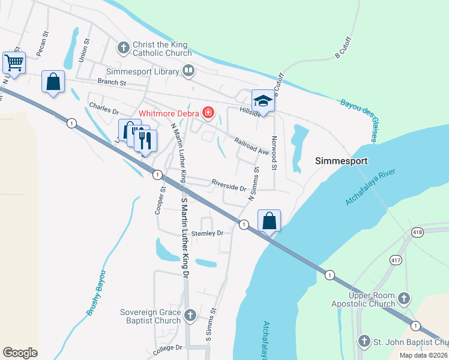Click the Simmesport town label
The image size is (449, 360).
coord(341,161)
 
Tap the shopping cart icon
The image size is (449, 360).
coord(14,62)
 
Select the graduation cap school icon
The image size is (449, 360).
coord(262,101)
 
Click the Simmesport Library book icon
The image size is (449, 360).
coord(188,71)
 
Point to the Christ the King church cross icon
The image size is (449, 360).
coord(124,47)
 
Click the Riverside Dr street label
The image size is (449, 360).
coord(229,184)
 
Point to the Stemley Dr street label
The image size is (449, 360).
coord(207,233)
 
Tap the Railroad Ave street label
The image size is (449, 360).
coord(251,146)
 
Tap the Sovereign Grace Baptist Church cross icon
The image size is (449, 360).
coord(190,314)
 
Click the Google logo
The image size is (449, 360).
coord(20,353)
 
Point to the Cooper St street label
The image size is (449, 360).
coord(160,200)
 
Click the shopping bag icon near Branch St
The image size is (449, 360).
coord(53,82)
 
